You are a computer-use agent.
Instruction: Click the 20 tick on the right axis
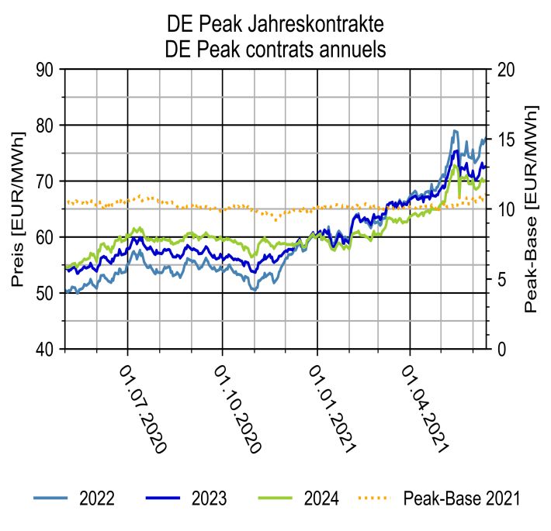[x=506, y=70]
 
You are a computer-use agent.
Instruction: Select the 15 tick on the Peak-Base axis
[x=506, y=140]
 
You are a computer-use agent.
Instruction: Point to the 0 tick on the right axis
[x=501, y=350]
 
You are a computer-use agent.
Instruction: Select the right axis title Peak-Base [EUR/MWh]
[x=532, y=209]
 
